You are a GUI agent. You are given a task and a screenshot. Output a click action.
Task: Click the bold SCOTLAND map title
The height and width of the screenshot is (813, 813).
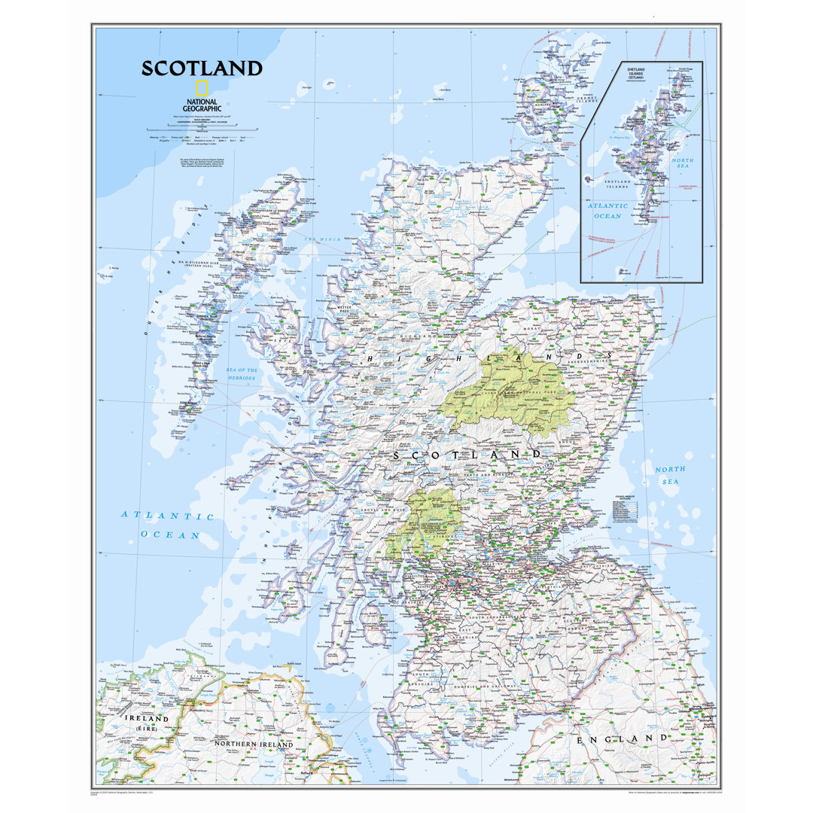(202, 69)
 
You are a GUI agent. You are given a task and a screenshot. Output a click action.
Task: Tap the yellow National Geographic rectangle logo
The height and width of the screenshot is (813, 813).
(202, 87)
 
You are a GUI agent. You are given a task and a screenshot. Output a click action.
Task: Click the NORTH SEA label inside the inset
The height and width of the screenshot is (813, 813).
(683, 166)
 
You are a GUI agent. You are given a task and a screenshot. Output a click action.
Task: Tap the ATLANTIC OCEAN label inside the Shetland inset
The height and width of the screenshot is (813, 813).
(607, 211)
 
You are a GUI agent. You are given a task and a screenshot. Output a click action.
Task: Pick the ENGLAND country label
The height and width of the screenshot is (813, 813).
(622, 739)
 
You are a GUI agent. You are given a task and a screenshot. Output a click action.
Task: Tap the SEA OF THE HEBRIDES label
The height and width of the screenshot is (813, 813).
(242, 374)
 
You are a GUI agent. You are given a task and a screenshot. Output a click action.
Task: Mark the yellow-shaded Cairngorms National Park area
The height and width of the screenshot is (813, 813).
(509, 391)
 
